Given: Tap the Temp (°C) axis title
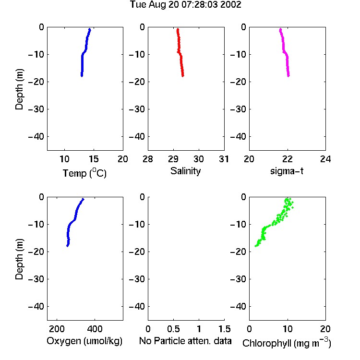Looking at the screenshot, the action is tap(84, 173).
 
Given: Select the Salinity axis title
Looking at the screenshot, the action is tap(185, 171).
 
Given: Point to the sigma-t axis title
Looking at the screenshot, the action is tap(287, 171).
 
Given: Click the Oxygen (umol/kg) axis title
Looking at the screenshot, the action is tap(84, 341).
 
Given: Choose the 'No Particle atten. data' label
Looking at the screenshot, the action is tap(185, 341).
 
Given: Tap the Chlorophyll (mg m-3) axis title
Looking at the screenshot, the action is tap(287, 343).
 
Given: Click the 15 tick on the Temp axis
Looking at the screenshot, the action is tap(94, 159).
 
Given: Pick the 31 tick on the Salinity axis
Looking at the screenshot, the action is tap(224, 159).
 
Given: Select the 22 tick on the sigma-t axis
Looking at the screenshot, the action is tap(287, 159).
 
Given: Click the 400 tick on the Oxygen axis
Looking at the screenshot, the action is tap(95, 329).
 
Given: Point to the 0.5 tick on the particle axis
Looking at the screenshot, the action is tap(173, 329).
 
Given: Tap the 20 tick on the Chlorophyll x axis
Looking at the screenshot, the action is tap(325, 329).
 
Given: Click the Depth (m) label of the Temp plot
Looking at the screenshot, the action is tap(19, 89).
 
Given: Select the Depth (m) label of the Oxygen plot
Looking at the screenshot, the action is tap(19, 259).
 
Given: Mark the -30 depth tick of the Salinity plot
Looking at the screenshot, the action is tap(137, 109).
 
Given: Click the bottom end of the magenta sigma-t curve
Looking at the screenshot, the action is tap(288, 76).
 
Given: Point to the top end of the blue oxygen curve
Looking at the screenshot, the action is tap(83, 199).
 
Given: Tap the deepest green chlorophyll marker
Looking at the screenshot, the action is tap(255, 246).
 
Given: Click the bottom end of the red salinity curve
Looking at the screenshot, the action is tap(183, 76).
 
